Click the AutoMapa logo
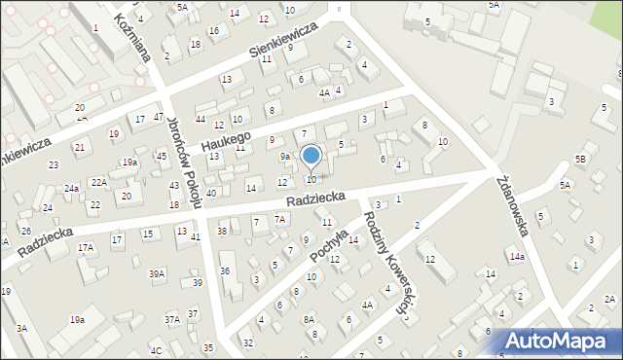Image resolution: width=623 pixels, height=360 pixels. point(559,342)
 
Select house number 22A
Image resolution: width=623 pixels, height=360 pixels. point(98,182)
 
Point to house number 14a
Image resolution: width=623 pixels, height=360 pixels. point(517,256)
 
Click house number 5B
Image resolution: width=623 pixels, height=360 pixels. point(581,159)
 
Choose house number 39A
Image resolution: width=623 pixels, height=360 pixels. point(157,274)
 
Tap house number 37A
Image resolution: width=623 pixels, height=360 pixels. point(171,319)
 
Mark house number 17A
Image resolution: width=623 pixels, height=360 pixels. point(87,248)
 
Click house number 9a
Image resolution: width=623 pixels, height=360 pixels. point(285,156)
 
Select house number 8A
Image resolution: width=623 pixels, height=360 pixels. point(309,319)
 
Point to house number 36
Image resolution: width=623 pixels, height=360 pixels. point(225,270)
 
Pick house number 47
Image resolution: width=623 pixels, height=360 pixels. point(158,117)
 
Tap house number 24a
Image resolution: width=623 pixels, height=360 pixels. point(72,188)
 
